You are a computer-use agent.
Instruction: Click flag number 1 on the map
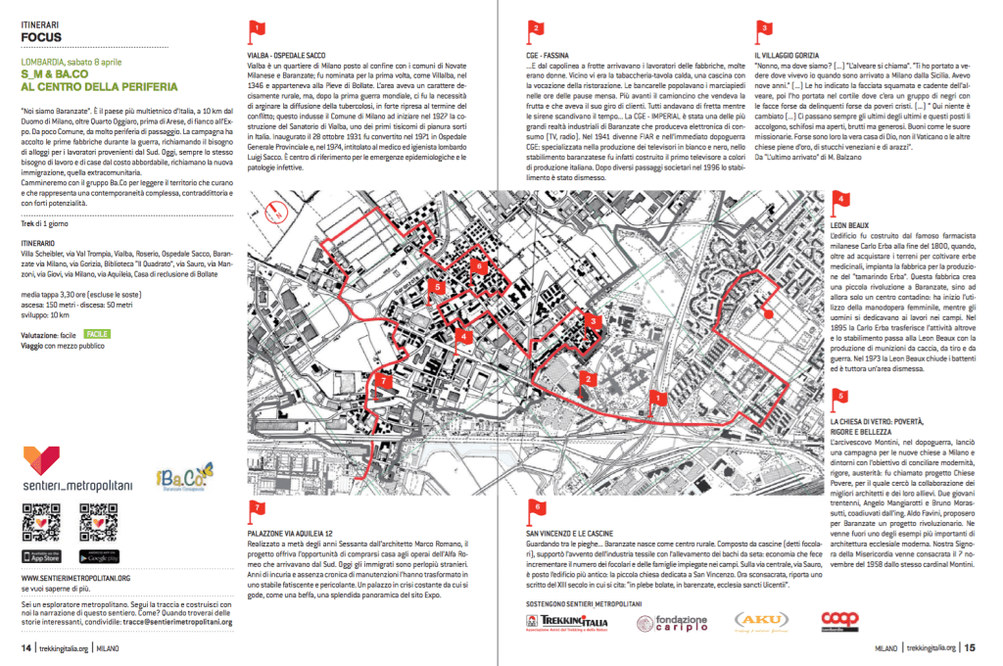click(660, 399)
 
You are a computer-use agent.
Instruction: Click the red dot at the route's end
click(766, 315)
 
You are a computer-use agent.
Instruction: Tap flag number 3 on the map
click(593, 319)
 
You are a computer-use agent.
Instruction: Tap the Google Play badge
click(99, 555)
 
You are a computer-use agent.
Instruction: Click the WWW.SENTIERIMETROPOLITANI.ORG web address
click(81, 578)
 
